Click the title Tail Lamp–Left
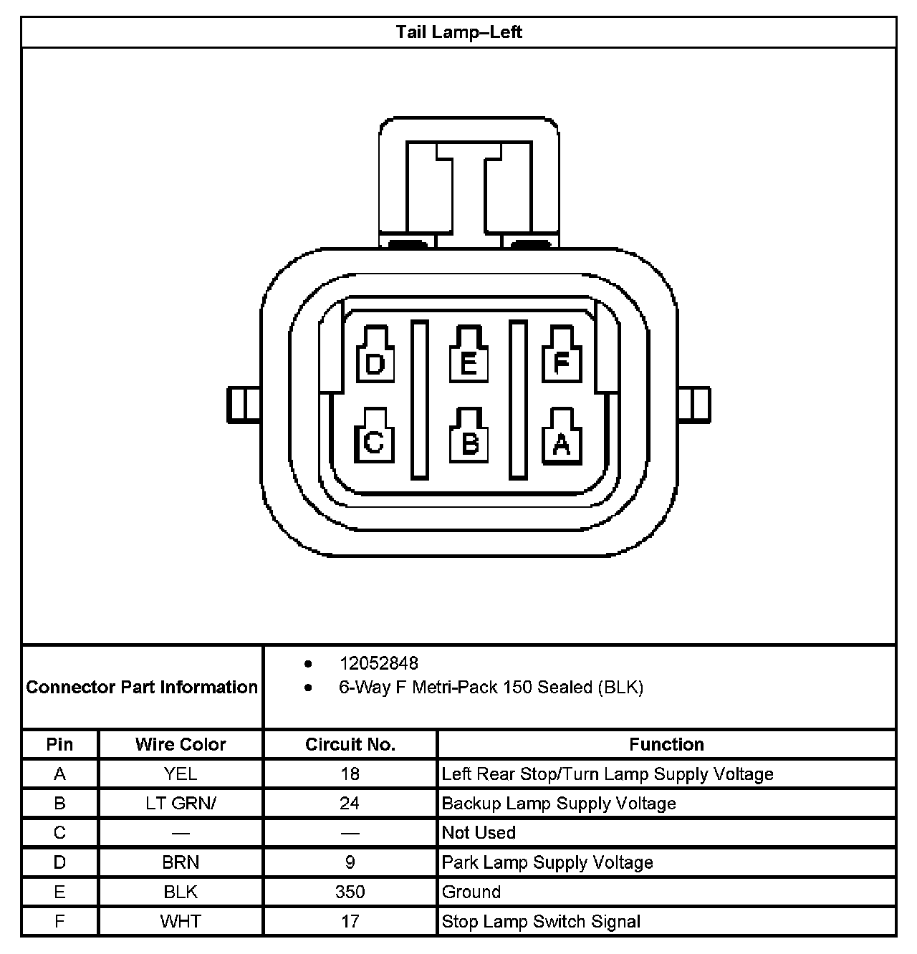pos(458,32)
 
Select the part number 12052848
pos(378,663)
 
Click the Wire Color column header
pos(181,744)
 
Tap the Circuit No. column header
pos(350,744)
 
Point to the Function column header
pos(666,744)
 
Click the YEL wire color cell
pos(181,774)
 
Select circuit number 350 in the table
pos(350,892)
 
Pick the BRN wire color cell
pos(181,862)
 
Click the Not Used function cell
pos(479,833)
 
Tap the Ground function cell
pos(471,892)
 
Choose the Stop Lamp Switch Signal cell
pos(541,922)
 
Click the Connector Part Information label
pos(142,687)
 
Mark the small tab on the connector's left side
pos(244,405)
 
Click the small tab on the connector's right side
pos(694,405)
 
